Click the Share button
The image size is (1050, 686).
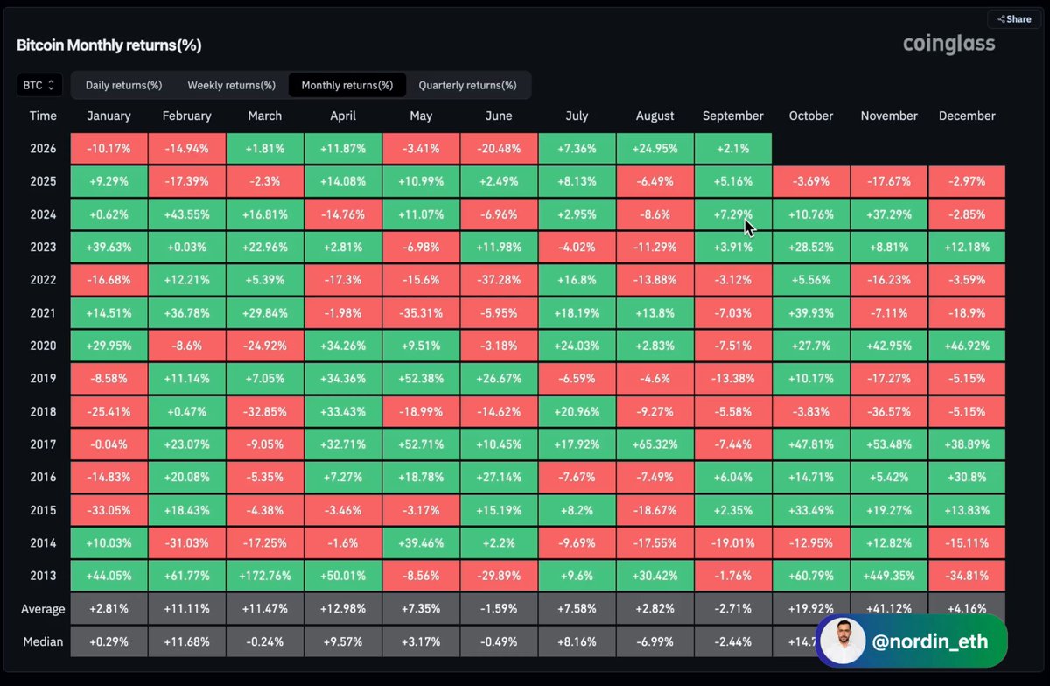tap(1014, 19)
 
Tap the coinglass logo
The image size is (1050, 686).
tap(948, 44)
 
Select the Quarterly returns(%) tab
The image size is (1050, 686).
tap(467, 86)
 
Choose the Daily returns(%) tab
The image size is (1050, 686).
tap(123, 86)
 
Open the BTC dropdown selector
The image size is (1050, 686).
tap(39, 86)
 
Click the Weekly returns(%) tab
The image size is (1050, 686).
tap(231, 86)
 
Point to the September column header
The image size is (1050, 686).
tap(732, 115)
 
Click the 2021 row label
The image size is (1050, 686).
tap(43, 312)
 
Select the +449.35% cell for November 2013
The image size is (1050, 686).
tap(889, 576)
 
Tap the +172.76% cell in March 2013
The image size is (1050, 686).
tap(265, 576)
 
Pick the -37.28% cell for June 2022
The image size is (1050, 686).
tap(499, 280)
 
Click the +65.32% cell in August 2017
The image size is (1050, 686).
tap(654, 444)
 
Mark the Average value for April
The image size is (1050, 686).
tap(343, 609)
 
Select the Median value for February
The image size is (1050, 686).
tap(186, 641)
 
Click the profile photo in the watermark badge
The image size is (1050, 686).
tap(843, 641)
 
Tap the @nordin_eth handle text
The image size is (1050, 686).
tap(930, 641)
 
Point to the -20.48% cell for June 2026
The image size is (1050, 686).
tap(499, 149)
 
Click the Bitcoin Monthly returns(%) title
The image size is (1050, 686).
tap(109, 45)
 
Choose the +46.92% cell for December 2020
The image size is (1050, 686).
tap(967, 346)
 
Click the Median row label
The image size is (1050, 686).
tap(43, 641)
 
